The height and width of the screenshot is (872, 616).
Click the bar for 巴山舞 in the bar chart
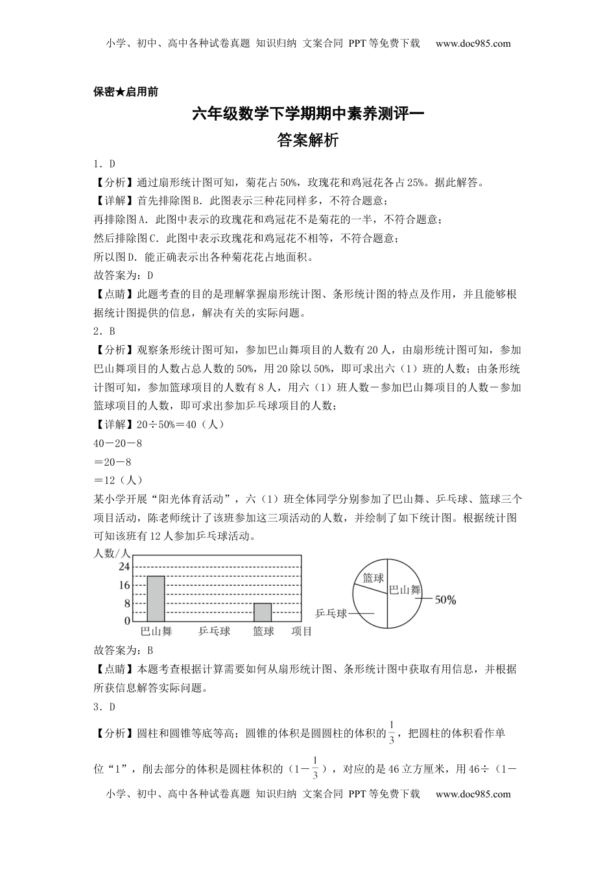(156, 599)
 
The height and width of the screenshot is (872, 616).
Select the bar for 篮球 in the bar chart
(263, 612)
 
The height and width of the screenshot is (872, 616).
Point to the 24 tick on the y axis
(123, 566)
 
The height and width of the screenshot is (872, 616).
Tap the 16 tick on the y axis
(123, 585)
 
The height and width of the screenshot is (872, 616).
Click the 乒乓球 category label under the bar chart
(214, 631)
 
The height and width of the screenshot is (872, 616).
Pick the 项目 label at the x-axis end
(302, 631)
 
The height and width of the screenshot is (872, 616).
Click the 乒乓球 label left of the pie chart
(331, 613)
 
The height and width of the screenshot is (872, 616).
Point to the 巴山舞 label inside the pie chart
(405, 590)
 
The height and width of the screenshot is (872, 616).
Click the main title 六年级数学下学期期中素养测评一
(308, 114)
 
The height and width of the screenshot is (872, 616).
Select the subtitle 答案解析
(308, 140)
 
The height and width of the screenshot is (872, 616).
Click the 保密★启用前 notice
(126, 92)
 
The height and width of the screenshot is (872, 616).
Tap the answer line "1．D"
(104, 164)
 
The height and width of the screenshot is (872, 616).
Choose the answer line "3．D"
(104, 707)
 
